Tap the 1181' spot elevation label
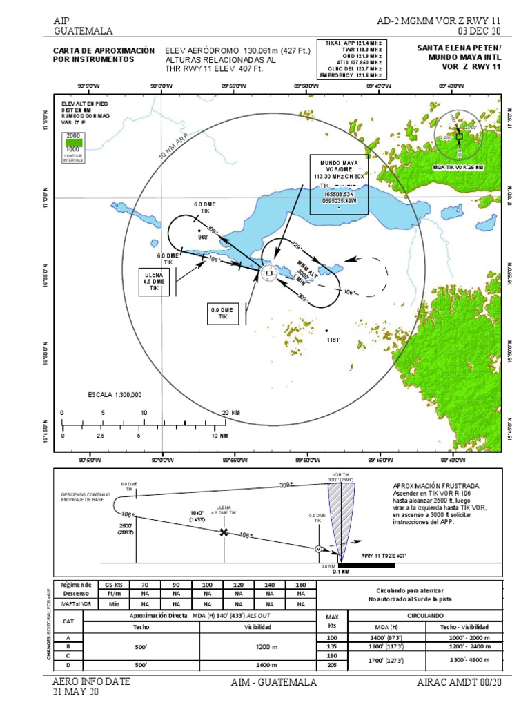(x=334, y=340)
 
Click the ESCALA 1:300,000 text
(x=115, y=395)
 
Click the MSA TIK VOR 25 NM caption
(x=458, y=168)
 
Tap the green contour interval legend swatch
(x=72, y=142)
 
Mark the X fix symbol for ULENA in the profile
(x=223, y=532)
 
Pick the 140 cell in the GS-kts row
(x=269, y=584)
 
